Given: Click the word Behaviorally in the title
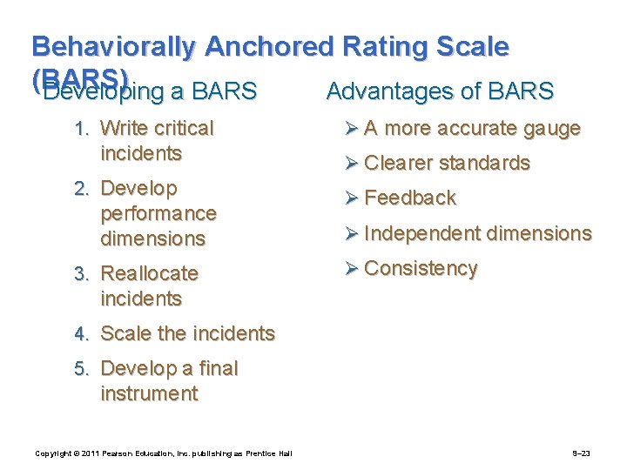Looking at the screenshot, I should [x=112, y=47].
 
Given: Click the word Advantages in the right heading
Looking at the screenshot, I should [x=384, y=91].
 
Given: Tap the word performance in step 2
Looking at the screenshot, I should [x=158, y=213].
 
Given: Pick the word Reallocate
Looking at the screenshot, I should [x=150, y=273].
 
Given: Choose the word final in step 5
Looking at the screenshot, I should [x=216, y=368].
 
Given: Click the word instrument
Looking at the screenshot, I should [x=149, y=393].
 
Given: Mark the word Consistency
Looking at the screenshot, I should [x=421, y=268].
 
